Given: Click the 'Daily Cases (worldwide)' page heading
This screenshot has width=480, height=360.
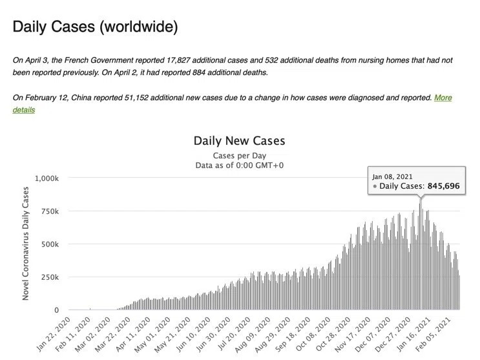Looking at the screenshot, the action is point(95,27).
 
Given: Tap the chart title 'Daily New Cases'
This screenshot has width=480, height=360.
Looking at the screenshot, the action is point(240,141).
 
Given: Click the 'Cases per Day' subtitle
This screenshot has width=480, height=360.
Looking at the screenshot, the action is point(240,156).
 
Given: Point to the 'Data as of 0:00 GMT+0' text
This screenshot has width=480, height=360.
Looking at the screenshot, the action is point(240,165).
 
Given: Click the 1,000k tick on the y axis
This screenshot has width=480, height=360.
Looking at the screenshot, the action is point(47,178).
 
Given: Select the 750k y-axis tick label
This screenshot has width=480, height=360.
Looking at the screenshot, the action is point(50,211).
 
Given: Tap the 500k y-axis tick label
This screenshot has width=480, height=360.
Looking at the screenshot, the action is point(50,244).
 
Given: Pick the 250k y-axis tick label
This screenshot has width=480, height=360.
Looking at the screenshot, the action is point(50,277).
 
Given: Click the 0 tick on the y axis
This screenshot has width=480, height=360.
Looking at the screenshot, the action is point(56,310).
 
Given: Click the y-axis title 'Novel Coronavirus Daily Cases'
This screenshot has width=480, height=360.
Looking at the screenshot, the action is point(25,244).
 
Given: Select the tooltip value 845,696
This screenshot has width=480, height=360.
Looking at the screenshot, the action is point(444,186).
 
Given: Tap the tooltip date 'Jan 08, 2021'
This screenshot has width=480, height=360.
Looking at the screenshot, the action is point(392,177).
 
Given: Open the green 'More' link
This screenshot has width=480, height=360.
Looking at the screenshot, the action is point(443,98).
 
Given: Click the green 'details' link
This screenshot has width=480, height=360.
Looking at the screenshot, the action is point(23,110).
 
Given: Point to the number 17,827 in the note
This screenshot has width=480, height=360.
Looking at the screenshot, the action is point(178,60).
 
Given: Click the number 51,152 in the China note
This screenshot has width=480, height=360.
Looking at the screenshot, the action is point(136,98).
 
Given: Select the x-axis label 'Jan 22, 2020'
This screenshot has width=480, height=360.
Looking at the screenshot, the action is point(54,334).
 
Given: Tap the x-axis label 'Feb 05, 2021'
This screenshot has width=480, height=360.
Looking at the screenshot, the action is point(433,335).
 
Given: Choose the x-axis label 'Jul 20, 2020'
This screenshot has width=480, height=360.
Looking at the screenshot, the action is point(234,334).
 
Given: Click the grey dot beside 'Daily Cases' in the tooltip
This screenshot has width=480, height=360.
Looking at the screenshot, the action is point(375,186).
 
